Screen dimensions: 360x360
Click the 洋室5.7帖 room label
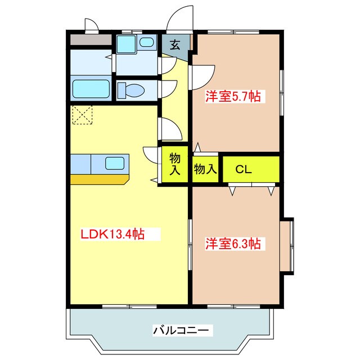(232, 96)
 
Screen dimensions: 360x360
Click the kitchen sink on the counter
(115, 164)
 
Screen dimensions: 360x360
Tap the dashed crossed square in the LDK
(82, 115)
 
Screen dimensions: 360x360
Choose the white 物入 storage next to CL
(205, 169)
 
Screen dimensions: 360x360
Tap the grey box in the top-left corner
(91, 40)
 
